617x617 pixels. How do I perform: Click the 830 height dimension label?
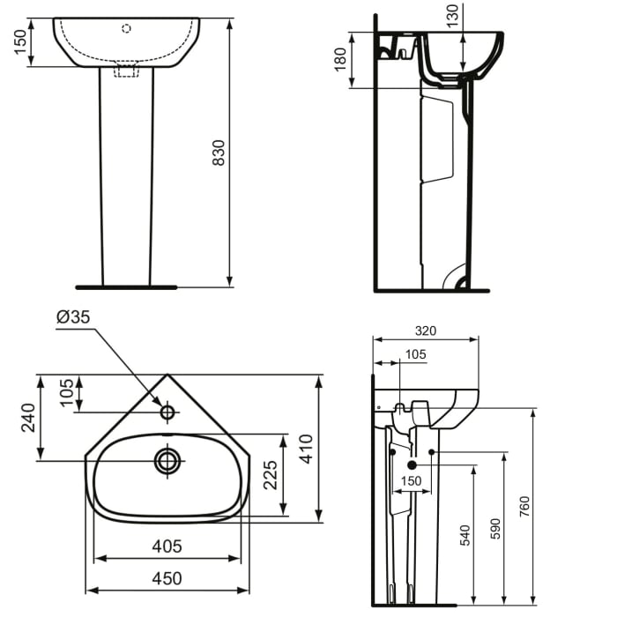(219, 152)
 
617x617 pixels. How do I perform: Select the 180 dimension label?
(340, 60)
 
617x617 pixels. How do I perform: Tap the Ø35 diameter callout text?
(74, 317)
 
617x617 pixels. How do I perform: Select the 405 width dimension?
(166, 546)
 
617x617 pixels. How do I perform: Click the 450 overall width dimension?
(167, 578)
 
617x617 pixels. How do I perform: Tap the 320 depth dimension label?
(425, 331)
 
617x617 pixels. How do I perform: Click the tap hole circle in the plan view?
(167, 411)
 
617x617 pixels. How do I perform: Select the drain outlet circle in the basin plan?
(167, 460)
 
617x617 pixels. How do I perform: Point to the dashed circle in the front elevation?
(126, 29)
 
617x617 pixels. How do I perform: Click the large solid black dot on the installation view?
(412, 465)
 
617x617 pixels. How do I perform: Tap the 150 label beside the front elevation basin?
(19, 41)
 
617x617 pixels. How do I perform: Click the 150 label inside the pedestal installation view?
(412, 481)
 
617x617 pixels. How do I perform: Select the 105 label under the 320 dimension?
(414, 354)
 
